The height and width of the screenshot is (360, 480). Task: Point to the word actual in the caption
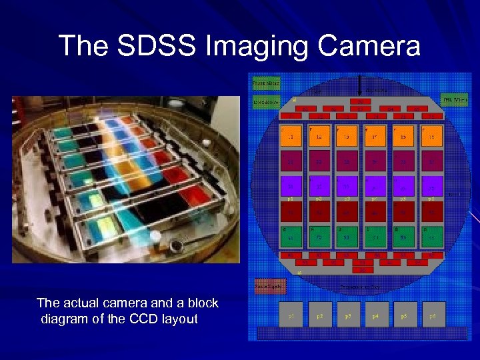pyautogui.click(x=79, y=303)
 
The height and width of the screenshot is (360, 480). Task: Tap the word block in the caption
pyautogui.click(x=202, y=303)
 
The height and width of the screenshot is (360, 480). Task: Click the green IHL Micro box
pyautogui.click(x=455, y=99)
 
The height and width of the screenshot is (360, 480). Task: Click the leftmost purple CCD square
pyautogui.click(x=291, y=185)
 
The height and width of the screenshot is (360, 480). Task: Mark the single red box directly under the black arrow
pyautogui.click(x=361, y=101)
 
